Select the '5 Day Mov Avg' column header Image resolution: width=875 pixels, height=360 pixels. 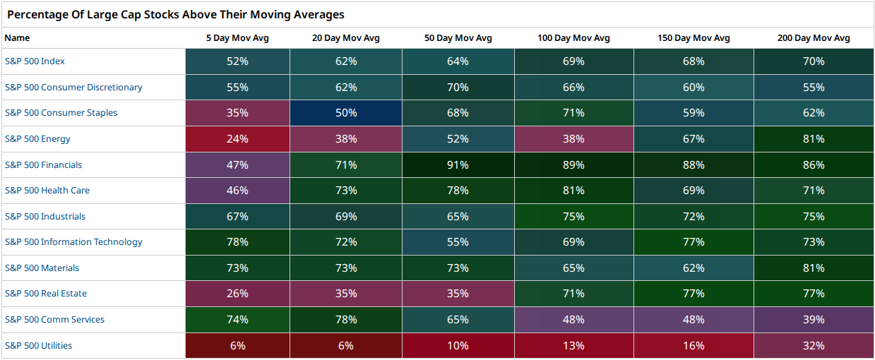(237, 38)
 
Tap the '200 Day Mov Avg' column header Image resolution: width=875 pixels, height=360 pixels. (814, 38)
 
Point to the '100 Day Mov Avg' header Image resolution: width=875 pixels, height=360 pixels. (573, 38)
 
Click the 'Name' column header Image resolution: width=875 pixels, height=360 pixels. (17, 38)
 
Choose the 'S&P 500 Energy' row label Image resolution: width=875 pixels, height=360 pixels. (37, 139)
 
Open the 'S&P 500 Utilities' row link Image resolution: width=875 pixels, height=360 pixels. (38, 346)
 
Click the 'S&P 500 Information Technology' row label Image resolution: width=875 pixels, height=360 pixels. (73, 242)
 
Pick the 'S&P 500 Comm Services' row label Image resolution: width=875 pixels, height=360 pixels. (54, 319)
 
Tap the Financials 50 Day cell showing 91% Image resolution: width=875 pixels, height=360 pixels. (458, 164)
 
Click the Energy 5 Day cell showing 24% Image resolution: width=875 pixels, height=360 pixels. (237, 139)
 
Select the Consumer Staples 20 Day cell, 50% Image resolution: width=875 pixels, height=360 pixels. (346, 113)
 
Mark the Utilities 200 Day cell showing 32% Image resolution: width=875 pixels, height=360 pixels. (814, 346)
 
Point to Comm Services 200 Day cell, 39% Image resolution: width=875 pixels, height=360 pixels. (814, 319)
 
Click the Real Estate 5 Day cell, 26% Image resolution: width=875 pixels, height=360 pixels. (237, 293)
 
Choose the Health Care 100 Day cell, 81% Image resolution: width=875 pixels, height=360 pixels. (573, 191)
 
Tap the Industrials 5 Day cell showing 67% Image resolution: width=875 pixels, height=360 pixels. (237, 216)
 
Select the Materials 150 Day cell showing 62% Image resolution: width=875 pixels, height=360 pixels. (694, 268)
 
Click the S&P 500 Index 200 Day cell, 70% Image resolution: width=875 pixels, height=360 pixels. (814, 61)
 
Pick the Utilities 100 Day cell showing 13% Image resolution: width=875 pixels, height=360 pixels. (573, 346)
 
